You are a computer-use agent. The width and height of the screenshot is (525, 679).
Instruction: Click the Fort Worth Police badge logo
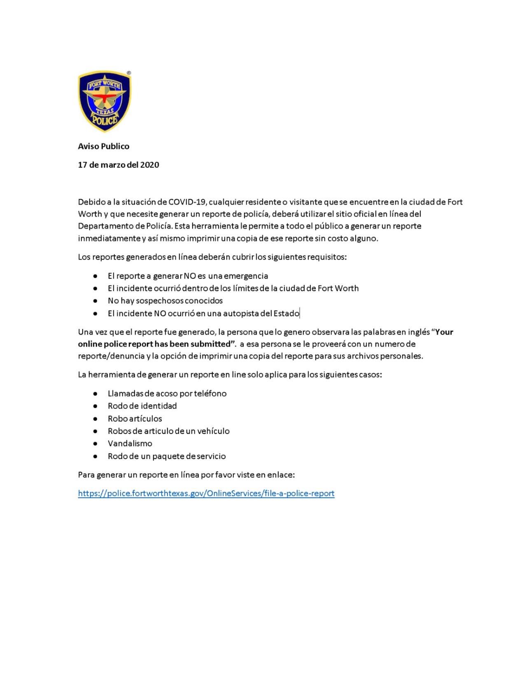[105, 101]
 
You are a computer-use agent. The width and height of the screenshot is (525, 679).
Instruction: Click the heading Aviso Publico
[103, 146]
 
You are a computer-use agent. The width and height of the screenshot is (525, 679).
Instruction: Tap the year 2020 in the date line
[149, 165]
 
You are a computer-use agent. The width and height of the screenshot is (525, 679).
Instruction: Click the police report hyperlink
[206, 493]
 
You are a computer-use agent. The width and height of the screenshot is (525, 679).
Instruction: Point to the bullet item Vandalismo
[130, 443]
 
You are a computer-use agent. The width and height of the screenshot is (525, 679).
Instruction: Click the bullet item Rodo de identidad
[142, 406]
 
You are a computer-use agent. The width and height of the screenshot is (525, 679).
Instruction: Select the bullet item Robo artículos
[135, 419]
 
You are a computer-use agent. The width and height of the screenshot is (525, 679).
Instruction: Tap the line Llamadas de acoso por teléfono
[167, 393]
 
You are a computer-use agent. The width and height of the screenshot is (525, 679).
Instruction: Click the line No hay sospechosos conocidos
[165, 300]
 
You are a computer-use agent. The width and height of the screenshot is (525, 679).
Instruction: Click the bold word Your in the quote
[444, 332]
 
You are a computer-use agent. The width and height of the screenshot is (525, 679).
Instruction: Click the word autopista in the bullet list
[241, 313]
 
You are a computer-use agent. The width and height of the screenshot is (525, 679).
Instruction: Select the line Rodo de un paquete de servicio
[166, 456]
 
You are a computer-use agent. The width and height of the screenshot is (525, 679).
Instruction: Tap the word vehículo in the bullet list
[214, 431]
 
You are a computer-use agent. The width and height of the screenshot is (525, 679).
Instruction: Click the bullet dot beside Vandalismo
[96, 444]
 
